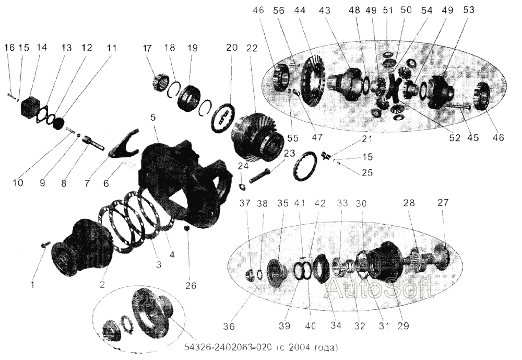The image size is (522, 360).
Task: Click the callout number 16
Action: (x=10, y=48)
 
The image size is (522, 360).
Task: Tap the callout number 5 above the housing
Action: (x=153, y=118)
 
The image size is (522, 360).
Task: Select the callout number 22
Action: (x=252, y=48)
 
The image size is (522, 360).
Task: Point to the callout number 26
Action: (x=192, y=286)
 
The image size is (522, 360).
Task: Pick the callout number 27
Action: (x=443, y=202)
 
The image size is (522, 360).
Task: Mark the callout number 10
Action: (x=18, y=183)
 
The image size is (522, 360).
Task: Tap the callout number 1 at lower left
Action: (x=32, y=285)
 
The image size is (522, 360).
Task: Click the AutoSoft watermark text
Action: (x=380, y=288)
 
